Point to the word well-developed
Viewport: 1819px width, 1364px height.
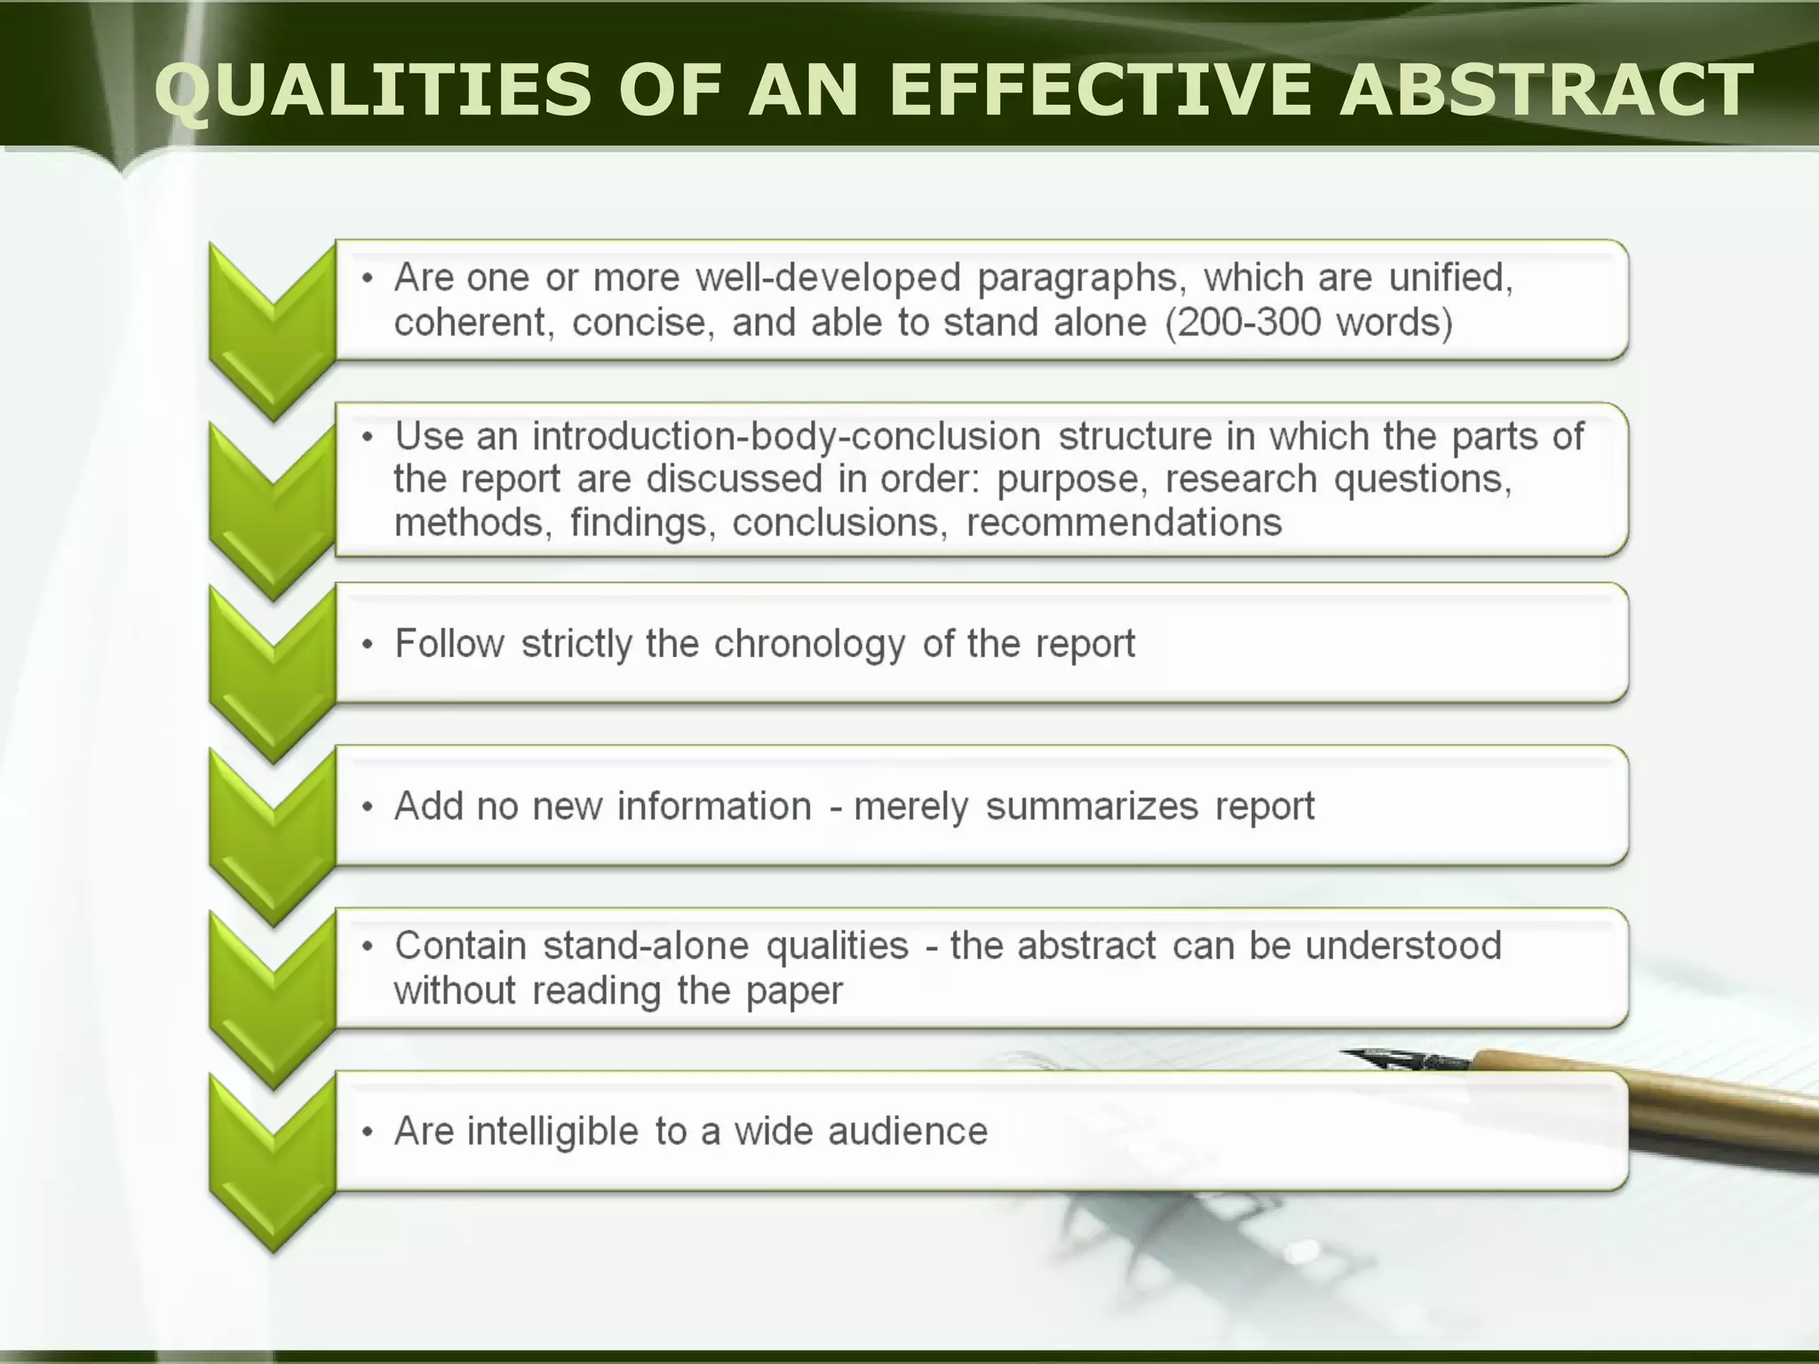tap(828, 278)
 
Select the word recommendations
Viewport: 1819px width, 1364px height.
tap(1124, 522)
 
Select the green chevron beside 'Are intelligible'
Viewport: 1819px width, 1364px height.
tap(273, 1154)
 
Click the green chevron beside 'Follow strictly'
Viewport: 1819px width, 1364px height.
tap(273, 666)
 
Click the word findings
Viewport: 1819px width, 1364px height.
tap(643, 522)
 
